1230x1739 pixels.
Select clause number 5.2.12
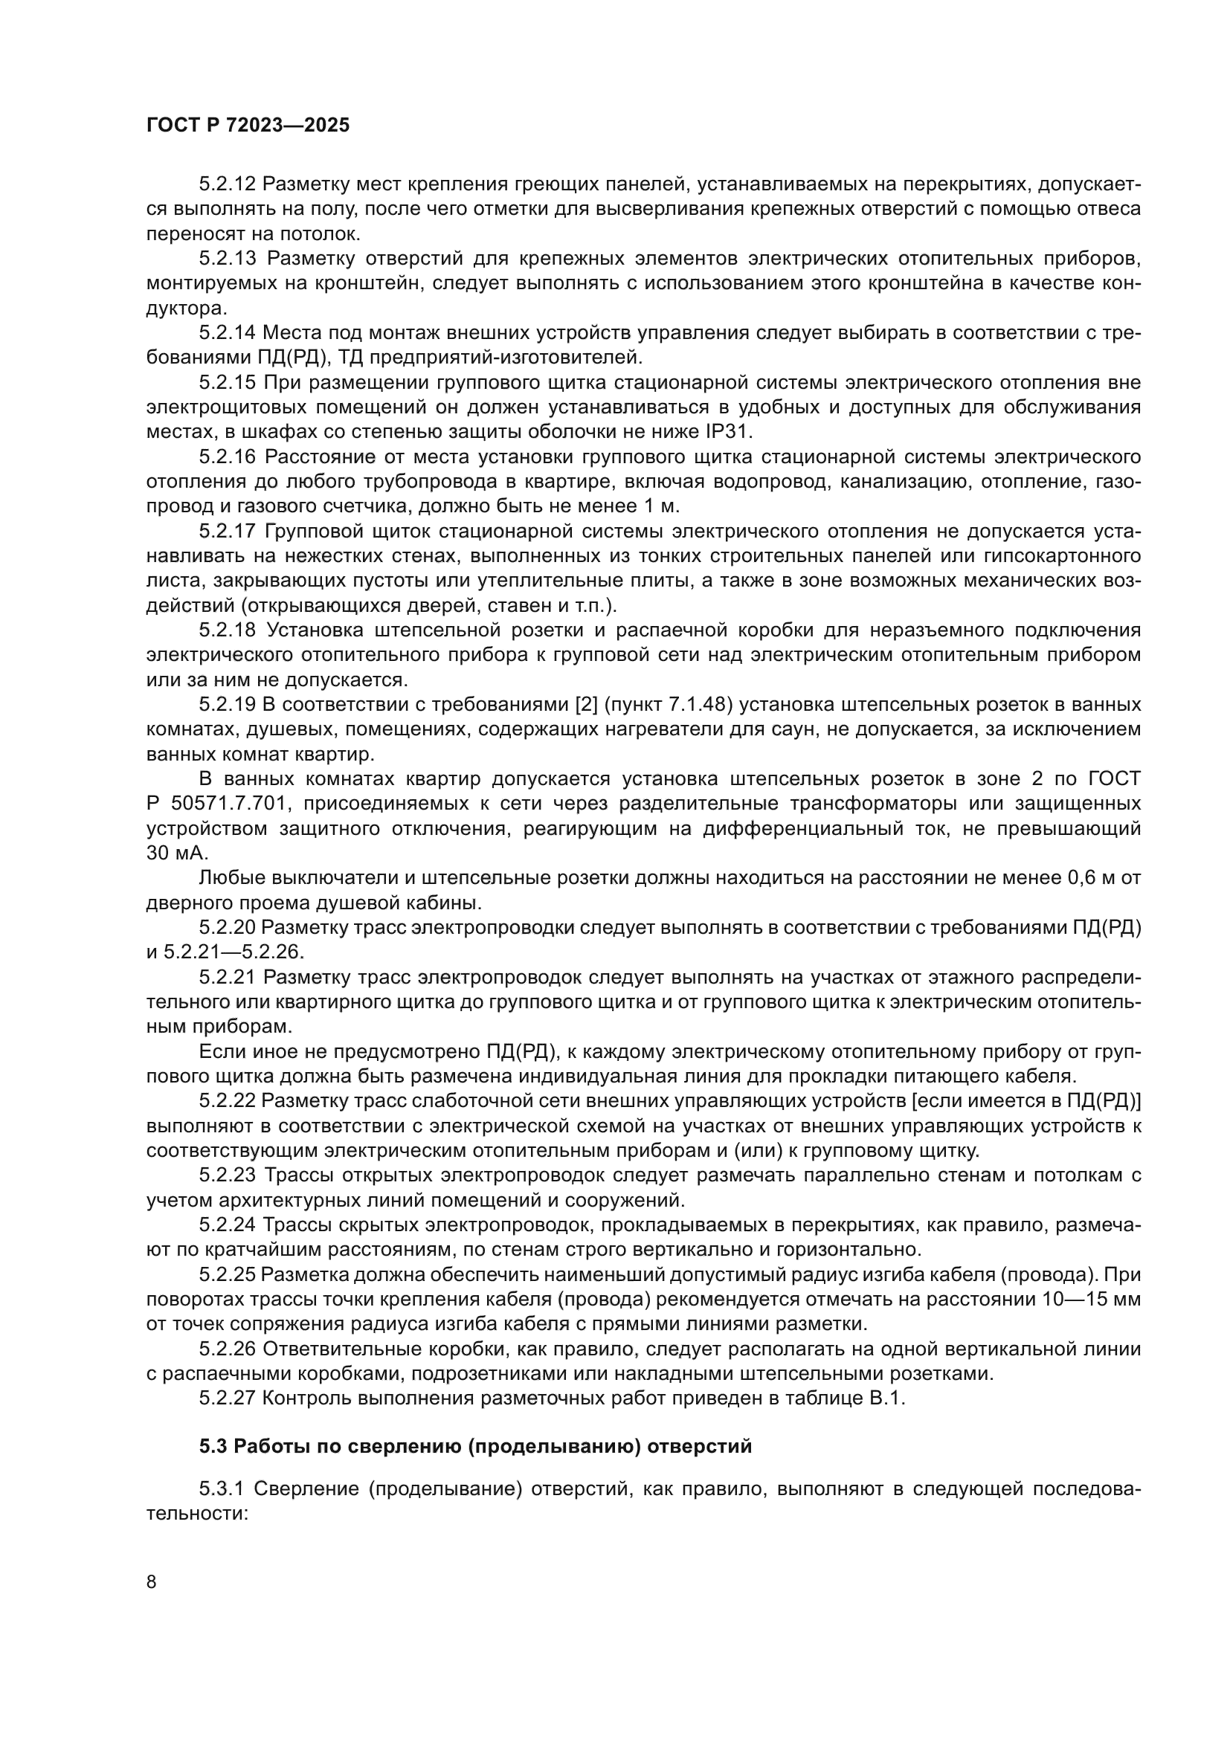point(228,184)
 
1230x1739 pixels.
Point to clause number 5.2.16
point(228,456)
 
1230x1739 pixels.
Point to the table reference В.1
point(887,1398)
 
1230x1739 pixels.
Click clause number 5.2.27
point(228,1398)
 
